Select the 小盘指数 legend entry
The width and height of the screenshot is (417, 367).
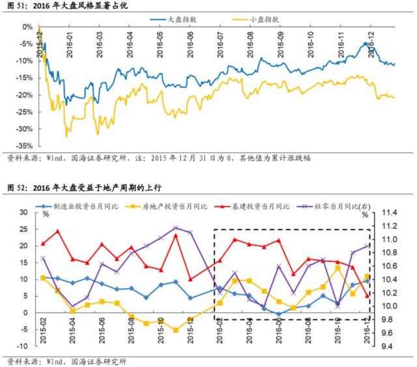265,20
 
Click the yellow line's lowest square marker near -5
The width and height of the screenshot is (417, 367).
175,330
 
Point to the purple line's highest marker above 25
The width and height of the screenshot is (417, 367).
175,228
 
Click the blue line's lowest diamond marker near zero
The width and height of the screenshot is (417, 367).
279,314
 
